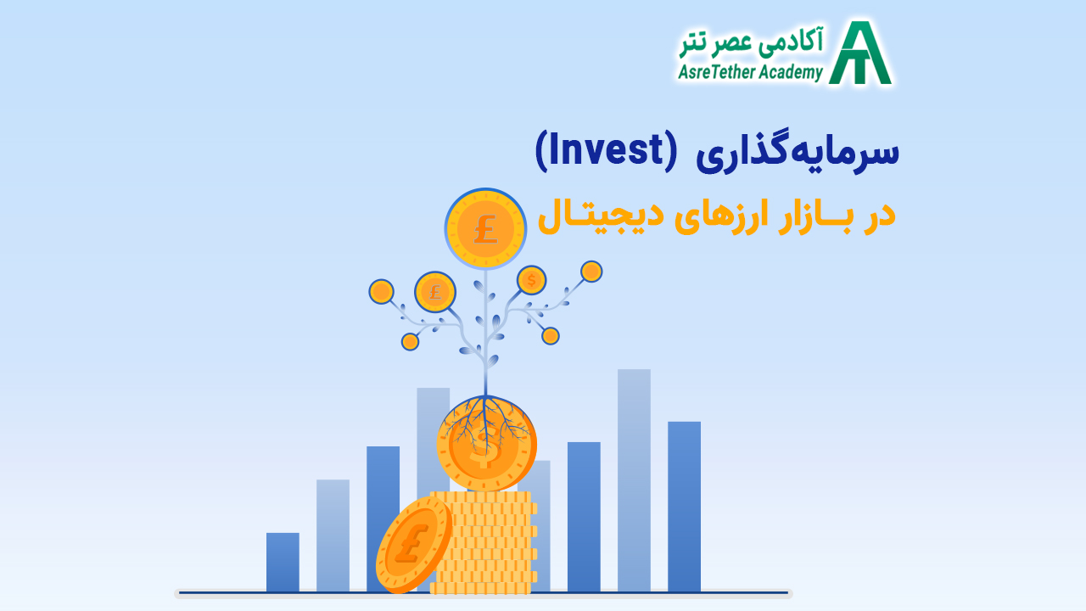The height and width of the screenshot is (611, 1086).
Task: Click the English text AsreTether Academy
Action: (750, 72)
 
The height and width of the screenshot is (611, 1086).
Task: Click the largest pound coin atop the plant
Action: (485, 229)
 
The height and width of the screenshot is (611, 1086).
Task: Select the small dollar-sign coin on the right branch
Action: (531, 280)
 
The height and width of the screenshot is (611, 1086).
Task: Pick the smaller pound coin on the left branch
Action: (435, 292)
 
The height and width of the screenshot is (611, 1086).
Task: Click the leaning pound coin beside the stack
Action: (413, 545)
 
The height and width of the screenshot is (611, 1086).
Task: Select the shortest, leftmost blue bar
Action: (283, 562)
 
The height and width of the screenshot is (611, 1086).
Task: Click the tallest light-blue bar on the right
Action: (634, 479)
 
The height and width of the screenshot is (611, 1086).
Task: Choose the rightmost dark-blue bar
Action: (684, 506)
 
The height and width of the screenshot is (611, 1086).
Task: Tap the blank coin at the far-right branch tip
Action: (591, 272)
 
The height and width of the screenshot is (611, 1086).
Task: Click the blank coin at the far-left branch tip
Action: (381, 292)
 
